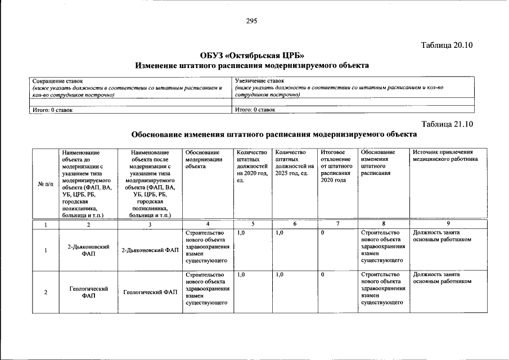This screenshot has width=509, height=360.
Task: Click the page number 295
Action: (251, 21)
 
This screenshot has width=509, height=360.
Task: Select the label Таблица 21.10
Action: (448, 124)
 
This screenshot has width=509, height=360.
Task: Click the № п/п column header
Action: (45, 184)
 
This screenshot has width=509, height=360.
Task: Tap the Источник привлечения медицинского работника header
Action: (445, 156)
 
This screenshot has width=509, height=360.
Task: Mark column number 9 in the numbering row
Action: (448, 224)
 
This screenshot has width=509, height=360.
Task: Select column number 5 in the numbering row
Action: (253, 224)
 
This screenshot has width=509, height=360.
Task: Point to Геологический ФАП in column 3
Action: (150, 292)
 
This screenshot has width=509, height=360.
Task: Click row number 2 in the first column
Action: (45, 292)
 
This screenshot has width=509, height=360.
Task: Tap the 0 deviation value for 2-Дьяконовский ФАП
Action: (322, 232)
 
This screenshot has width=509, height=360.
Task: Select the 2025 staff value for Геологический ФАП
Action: (280, 274)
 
